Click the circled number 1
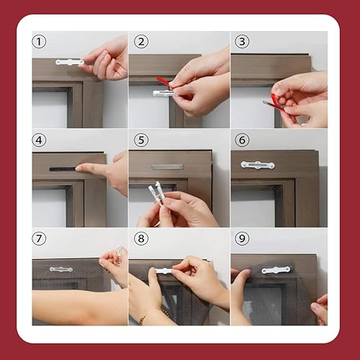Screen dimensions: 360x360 click(39, 42)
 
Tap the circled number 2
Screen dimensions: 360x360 click(141, 42)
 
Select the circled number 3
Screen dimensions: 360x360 click(242, 42)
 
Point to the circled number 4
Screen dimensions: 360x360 click(39, 140)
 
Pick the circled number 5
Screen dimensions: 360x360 click(141, 140)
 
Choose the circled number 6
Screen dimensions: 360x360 click(242, 140)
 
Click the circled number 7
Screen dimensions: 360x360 click(39, 238)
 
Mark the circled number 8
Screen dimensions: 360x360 click(141, 238)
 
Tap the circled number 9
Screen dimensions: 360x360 click(242, 238)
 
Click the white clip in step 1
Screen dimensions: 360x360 click(70, 62)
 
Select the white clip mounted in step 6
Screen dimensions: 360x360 click(258, 165)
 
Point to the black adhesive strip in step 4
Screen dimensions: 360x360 click(63, 169)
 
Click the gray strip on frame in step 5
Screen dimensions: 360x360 click(168, 167)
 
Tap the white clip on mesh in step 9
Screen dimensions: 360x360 click(276, 270)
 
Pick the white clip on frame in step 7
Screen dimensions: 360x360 click(61, 269)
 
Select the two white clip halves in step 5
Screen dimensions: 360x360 click(156, 192)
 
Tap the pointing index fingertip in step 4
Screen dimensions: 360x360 click(78, 168)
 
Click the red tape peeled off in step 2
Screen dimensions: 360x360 click(163, 81)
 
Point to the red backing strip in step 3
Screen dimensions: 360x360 click(275, 103)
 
